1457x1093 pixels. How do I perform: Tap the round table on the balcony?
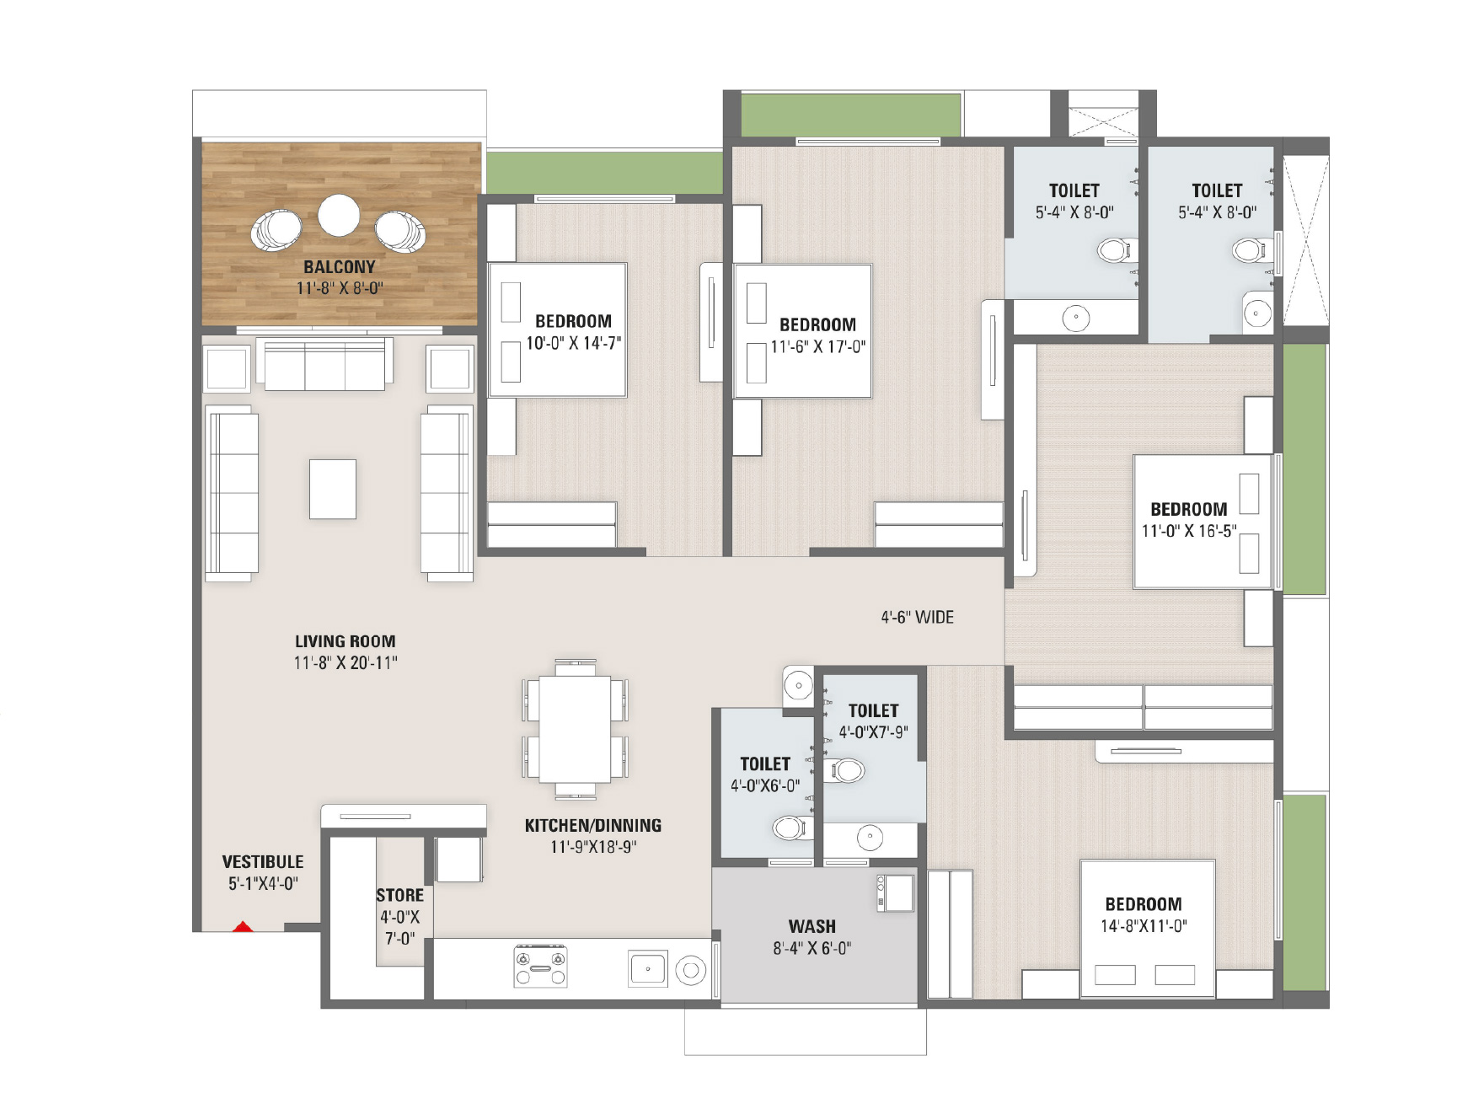coord(339,215)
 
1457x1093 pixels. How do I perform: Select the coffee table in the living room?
coord(333,489)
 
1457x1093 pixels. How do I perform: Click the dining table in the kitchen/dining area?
coord(576,730)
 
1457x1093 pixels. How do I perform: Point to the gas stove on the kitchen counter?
coord(541,966)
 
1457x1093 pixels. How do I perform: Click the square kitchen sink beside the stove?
coord(648,969)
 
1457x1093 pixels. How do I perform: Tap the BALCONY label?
coord(340,267)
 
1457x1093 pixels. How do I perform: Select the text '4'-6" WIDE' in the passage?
coord(918,618)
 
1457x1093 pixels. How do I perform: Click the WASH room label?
coord(812,927)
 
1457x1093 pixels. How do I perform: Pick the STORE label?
coord(400,896)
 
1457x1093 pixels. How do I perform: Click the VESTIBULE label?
coord(263,862)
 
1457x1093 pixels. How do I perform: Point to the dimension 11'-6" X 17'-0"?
coord(818,346)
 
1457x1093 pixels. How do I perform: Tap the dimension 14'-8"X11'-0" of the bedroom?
coord(1144,926)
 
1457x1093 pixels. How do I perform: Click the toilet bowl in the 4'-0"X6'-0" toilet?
coord(789,828)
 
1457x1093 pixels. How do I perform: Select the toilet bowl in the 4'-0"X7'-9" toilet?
coord(845,769)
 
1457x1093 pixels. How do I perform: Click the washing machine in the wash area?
coord(895,893)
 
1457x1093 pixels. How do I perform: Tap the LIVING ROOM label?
coord(346,641)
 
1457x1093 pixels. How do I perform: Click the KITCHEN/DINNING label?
coord(593,826)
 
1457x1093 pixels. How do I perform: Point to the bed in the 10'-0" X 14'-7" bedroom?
coord(558,330)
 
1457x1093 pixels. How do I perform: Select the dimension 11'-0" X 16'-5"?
coord(1189,531)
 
